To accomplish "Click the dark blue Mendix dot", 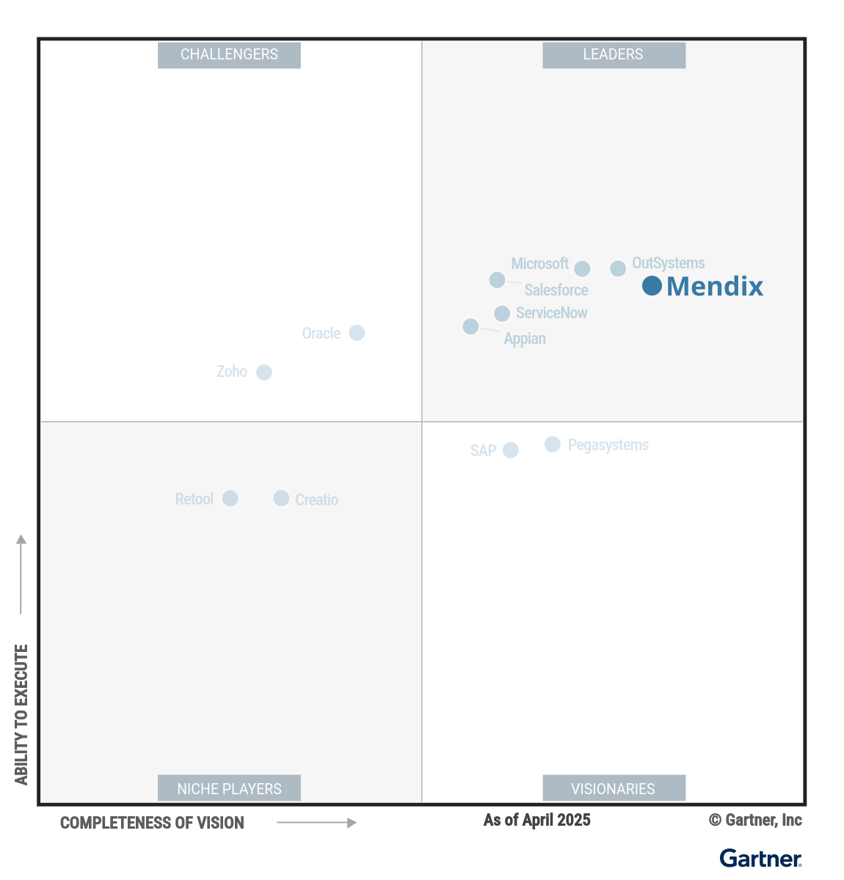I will [652, 286].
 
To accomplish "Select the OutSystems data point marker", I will [618, 268].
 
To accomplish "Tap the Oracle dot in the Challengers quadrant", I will [357, 333].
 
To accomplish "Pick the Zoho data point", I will [264, 373].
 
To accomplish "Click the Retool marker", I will [230, 499].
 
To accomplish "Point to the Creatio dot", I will [281, 499].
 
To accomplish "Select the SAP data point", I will [511, 450].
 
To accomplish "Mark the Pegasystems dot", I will [553, 444].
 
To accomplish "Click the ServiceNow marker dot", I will [502, 314].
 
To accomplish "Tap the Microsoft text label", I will [539, 264].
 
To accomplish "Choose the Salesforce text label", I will [556, 290].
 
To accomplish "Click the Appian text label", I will [525, 339].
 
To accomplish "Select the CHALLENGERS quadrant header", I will [229, 55].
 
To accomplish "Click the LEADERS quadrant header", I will [614, 55].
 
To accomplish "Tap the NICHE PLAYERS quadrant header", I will [229, 788].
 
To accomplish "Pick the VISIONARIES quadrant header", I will [614, 788].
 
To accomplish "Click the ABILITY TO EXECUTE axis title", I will [21, 714].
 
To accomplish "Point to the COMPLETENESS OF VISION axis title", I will [152, 823].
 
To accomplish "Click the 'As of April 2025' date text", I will [536, 820].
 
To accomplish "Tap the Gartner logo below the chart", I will [760, 858].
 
